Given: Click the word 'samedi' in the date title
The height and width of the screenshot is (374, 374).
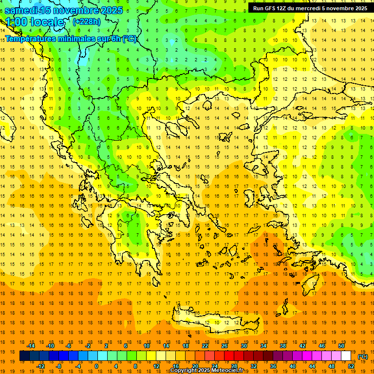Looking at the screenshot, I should [21, 10].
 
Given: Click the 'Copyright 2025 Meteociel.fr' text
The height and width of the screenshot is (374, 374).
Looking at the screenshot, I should [206, 371].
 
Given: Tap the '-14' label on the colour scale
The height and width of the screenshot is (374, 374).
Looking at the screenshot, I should [31, 346].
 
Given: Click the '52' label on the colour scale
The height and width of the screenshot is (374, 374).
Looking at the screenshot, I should [351, 366].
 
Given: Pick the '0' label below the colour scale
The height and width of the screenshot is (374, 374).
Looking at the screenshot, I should [96, 366].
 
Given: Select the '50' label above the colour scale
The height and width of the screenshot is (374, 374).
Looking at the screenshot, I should [341, 346].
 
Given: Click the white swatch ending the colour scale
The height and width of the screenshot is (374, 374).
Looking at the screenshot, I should [346, 356].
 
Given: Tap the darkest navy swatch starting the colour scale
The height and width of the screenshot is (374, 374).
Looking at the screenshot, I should [24, 356].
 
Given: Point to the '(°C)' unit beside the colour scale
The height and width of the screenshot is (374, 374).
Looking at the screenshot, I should [363, 356].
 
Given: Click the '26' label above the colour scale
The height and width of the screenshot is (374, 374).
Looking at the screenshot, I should [224, 346].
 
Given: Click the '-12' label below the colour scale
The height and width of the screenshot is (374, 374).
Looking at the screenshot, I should [41, 366].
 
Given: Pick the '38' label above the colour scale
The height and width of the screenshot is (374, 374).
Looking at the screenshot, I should [282, 346].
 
